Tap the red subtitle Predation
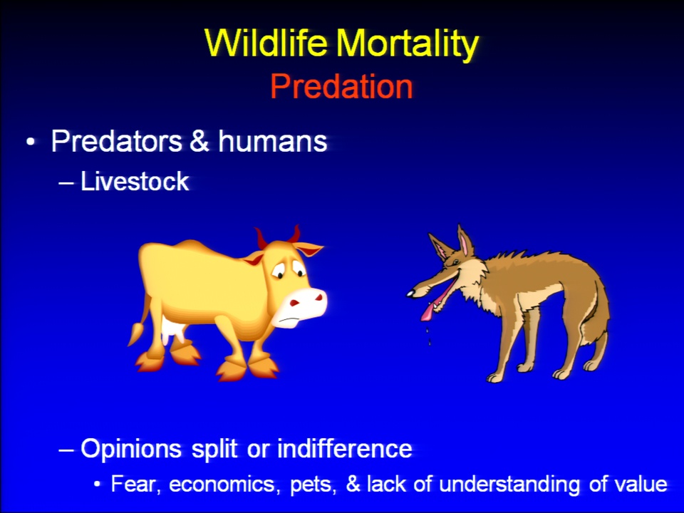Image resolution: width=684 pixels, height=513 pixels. (x=341, y=87)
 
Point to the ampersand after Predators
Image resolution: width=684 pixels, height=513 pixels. (x=199, y=141)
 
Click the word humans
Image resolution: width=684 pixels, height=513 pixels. (x=273, y=141)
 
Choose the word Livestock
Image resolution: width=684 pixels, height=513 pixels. (x=135, y=181)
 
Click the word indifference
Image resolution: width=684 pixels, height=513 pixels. (x=345, y=448)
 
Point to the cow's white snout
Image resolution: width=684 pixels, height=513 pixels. (x=301, y=306)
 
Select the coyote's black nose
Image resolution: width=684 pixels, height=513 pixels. (x=411, y=294)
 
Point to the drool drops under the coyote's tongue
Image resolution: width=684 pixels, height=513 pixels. (x=428, y=334)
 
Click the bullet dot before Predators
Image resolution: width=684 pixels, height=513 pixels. (x=30, y=142)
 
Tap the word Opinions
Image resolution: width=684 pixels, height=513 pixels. (x=131, y=449)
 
